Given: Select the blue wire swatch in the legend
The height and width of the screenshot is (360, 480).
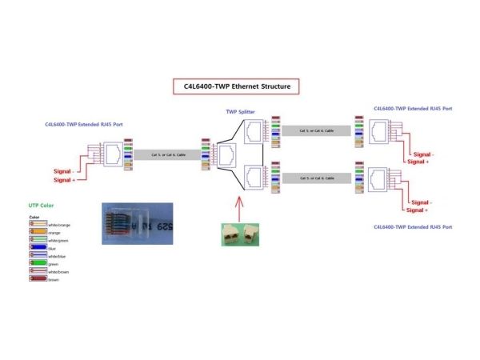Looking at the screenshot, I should tap(35, 250).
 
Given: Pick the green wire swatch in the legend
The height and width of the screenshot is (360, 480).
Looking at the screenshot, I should tap(35, 264).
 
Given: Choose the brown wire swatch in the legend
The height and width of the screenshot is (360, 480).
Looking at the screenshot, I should tap(35, 279).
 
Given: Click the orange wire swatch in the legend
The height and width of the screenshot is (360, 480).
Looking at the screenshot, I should tap(35, 233).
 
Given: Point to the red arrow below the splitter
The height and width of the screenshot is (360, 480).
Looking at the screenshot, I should tap(238, 209).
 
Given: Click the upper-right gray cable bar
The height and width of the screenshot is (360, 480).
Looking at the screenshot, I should tap(315, 130).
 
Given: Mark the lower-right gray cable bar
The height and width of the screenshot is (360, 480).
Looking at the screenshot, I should tap(315, 178).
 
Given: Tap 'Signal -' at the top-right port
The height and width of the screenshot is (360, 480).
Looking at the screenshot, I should tap(422, 154).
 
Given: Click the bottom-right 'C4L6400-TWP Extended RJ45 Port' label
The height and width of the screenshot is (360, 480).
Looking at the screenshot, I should tap(412, 227).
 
